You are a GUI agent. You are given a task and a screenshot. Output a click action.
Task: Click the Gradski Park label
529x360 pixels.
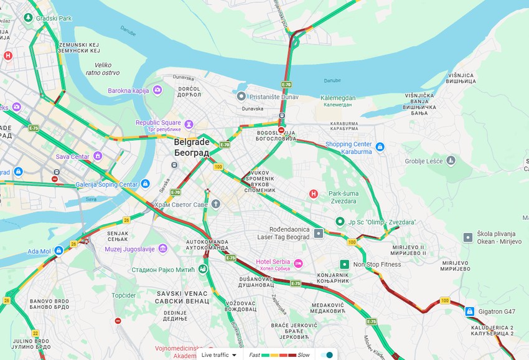54,18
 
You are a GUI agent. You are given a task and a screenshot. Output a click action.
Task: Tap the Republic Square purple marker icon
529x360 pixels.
189,123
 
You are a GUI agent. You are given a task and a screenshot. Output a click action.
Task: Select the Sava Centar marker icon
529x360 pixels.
98,156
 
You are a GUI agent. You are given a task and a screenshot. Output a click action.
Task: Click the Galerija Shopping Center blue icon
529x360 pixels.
145,184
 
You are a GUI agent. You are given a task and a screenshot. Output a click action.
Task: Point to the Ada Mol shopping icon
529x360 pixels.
59,250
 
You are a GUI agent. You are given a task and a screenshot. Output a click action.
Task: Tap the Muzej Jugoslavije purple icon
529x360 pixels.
162,249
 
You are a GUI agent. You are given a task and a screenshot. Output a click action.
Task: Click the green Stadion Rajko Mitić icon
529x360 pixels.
202,269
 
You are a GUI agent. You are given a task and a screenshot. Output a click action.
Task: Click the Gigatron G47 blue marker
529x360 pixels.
470,310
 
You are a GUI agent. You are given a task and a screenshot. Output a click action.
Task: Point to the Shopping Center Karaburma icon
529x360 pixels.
380,147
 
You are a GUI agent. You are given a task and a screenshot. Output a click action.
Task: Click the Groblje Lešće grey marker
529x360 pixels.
451,161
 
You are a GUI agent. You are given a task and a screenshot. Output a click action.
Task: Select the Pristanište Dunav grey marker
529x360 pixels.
241,97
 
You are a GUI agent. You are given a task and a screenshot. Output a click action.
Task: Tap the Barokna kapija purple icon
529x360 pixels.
157,90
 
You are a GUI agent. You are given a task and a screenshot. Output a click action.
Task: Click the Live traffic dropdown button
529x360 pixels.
219,354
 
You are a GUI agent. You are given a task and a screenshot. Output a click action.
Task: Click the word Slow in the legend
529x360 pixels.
303,354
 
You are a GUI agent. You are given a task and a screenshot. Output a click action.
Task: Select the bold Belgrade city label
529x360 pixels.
191,141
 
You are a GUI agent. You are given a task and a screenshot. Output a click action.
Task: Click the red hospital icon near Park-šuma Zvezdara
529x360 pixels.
314,194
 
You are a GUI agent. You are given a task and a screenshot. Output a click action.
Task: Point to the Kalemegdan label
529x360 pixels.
338,98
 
